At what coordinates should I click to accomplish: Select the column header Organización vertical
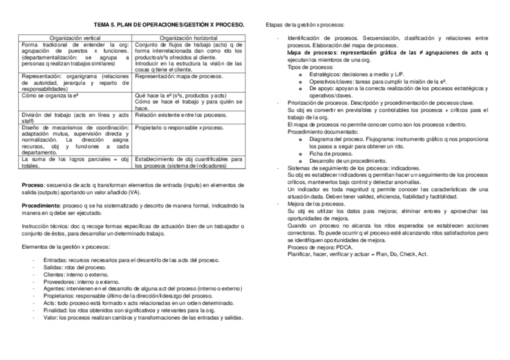[x=75, y=38]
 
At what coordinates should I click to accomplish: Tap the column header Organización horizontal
[x=188, y=38]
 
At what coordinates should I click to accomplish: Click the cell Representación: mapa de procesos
[x=179, y=77]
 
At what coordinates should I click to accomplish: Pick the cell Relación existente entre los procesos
[x=180, y=114]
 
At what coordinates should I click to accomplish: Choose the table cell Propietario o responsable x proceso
[x=179, y=128]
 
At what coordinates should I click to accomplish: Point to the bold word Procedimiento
[x=45, y=206]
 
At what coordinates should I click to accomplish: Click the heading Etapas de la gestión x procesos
[x=306, y=25]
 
